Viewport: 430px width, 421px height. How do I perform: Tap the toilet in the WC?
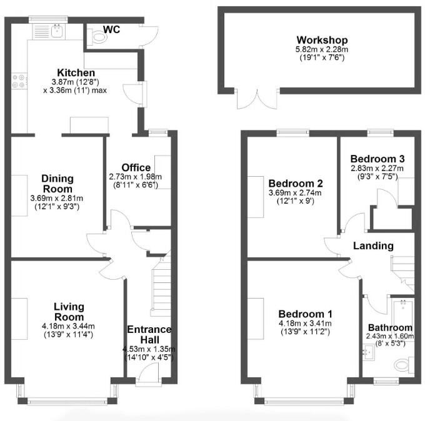(97, 39)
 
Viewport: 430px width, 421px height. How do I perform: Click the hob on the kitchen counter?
(19, 81)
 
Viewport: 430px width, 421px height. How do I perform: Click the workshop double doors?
(255, 98)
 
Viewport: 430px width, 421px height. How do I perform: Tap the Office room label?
(136, 167)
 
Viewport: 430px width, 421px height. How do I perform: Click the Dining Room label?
(57, 184)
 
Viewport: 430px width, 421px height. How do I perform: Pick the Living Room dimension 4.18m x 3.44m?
(68, 326)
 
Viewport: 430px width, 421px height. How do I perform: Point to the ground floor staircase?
(161, 281)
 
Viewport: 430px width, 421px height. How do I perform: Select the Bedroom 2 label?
(295, 184)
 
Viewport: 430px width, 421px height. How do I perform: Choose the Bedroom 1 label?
(305, 314)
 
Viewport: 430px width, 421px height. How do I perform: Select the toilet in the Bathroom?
(406, 364)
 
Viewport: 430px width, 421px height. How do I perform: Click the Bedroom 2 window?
(293, 132)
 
